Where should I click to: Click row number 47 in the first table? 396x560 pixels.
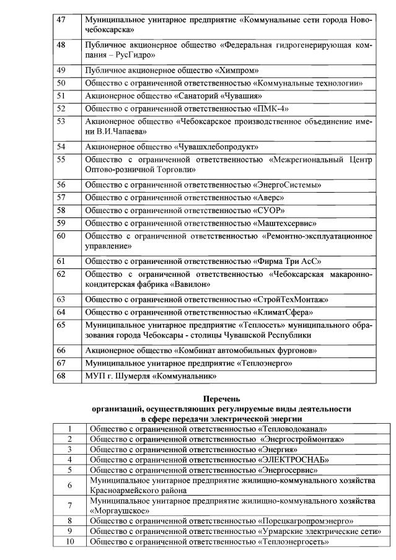(61, 20)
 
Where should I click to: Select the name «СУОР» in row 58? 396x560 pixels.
(270, 210)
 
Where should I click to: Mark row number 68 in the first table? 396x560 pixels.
(61, 375)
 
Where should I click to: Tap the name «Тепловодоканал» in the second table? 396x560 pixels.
(291, 429)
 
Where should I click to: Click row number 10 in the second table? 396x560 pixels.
(70, 542)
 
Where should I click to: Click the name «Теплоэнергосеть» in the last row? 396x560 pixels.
(291, 542)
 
